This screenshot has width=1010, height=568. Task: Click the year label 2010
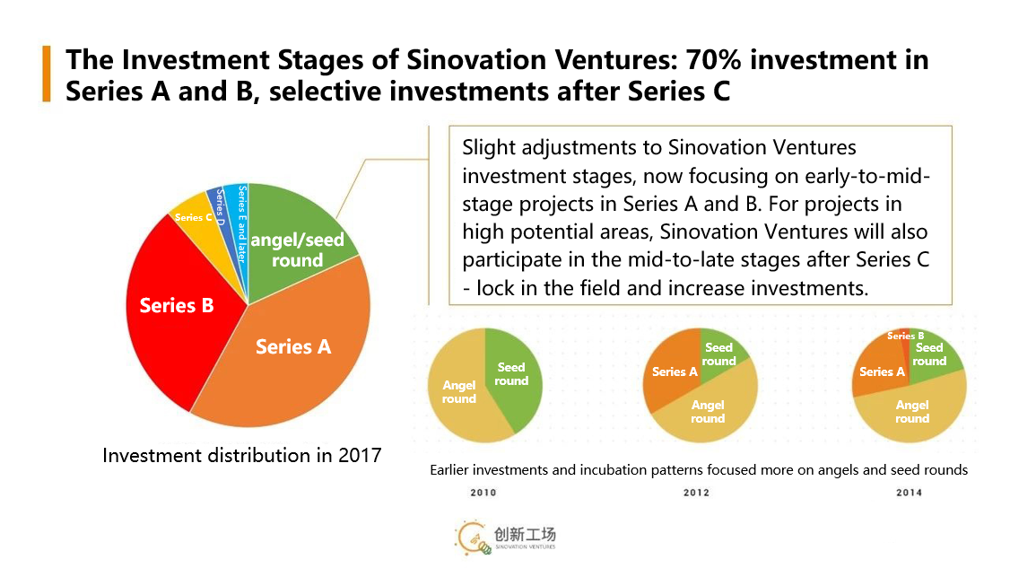[x=483, y=493]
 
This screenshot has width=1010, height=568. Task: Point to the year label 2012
[x=696, y=493]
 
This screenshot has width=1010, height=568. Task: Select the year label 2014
[x=909, y=493]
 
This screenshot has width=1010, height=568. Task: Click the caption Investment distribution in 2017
[x=241, y=455]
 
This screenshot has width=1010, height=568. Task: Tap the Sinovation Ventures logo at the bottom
[x=507, y=537]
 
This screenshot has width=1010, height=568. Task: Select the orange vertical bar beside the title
[x=46, y=74]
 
